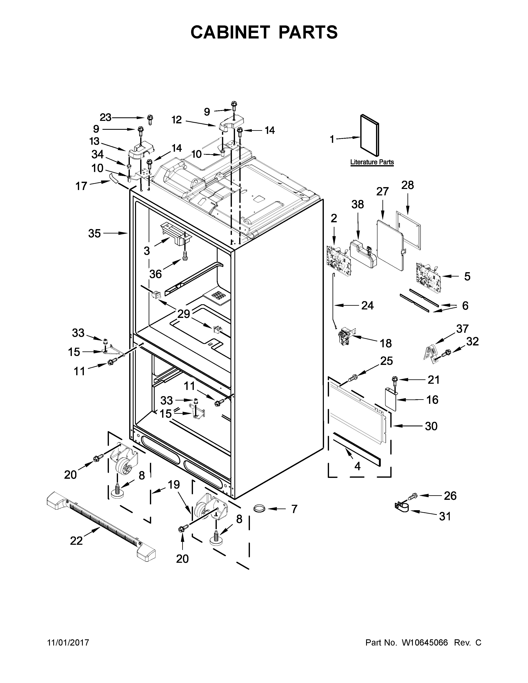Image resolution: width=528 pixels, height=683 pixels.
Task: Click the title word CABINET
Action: [x=230, y=32]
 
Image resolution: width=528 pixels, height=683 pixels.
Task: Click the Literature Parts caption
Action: [x=372, y=162]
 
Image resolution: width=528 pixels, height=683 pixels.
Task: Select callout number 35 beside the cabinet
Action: [x=94, y=233]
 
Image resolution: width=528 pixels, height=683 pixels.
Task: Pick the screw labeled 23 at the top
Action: [x=150, y=119]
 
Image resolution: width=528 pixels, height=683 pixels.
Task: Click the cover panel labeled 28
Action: [x=408, y=230]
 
